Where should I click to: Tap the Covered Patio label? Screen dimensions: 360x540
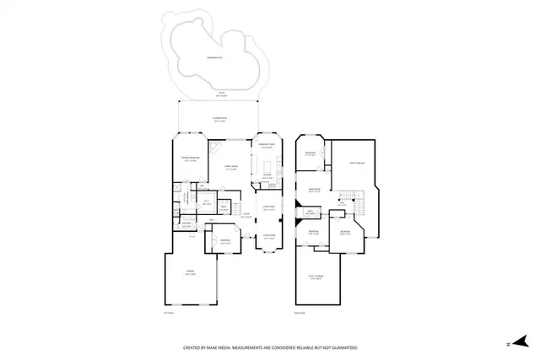click(219, 120)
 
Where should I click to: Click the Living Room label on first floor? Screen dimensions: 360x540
click(269, 238)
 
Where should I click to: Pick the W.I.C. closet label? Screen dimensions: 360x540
click(206, 201)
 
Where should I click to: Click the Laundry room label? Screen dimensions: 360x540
click(186, 225)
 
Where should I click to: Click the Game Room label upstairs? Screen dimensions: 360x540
click(313, 190)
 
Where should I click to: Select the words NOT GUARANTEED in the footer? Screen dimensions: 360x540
click(337, 347)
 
